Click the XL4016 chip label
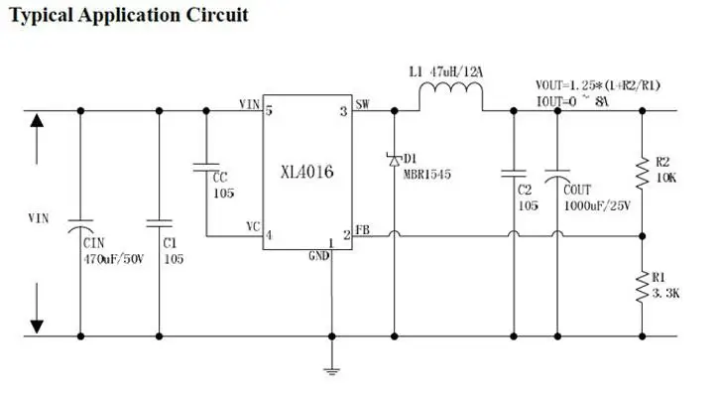[x=306, y=172]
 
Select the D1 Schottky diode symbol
[x=394, y=158]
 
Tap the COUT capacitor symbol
[x=557, y=173]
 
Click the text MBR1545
[x=427, y=175]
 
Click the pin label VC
[x=253, y=226]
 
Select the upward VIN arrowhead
[x=38, y=122]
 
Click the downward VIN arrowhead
[x=38, y=325]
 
